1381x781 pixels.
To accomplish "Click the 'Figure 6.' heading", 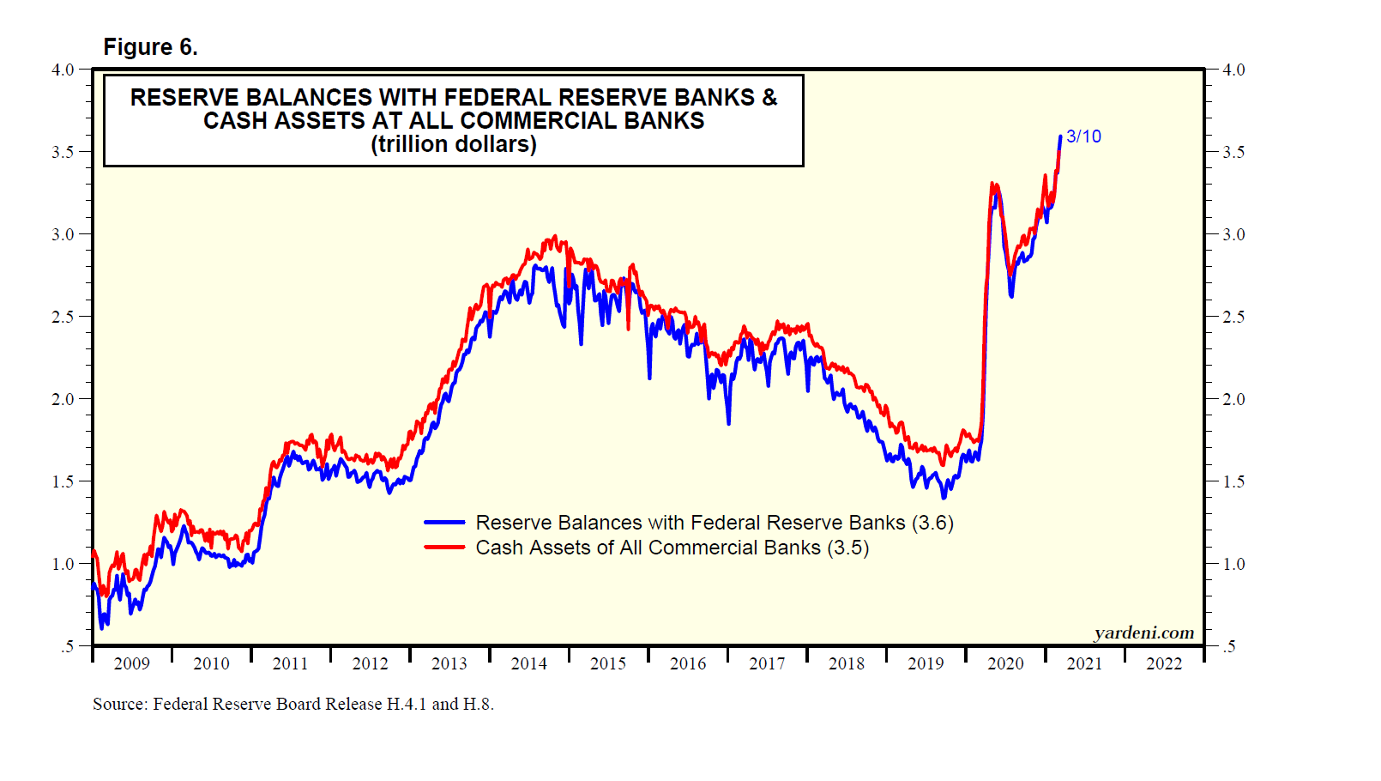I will click(150, 47).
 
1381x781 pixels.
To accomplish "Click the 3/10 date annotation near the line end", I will click(1083, 136).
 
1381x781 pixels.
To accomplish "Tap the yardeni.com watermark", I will click(1143, 633).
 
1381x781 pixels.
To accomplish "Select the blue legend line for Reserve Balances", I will click(444, 523).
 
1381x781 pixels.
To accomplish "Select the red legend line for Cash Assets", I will click(444, 548).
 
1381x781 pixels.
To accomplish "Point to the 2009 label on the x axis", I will click(131, 663).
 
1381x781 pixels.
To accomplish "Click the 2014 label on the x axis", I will click(528, 663).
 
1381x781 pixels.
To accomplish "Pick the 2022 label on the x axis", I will click(1163, 663).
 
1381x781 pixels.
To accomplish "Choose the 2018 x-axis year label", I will click(846, 663).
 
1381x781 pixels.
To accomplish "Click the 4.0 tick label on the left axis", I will click(63, 70).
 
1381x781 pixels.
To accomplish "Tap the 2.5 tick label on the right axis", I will click(1233, 317).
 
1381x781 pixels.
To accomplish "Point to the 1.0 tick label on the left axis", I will click(63, 564).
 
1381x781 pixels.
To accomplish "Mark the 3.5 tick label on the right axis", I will click(1233, 152).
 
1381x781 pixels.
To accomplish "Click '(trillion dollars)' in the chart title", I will click(454, 144).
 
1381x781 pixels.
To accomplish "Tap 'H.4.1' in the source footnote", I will click(406, 705).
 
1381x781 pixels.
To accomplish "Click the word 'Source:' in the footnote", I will click(120, 705).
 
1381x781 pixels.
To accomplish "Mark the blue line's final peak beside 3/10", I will click(1060, 136).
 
